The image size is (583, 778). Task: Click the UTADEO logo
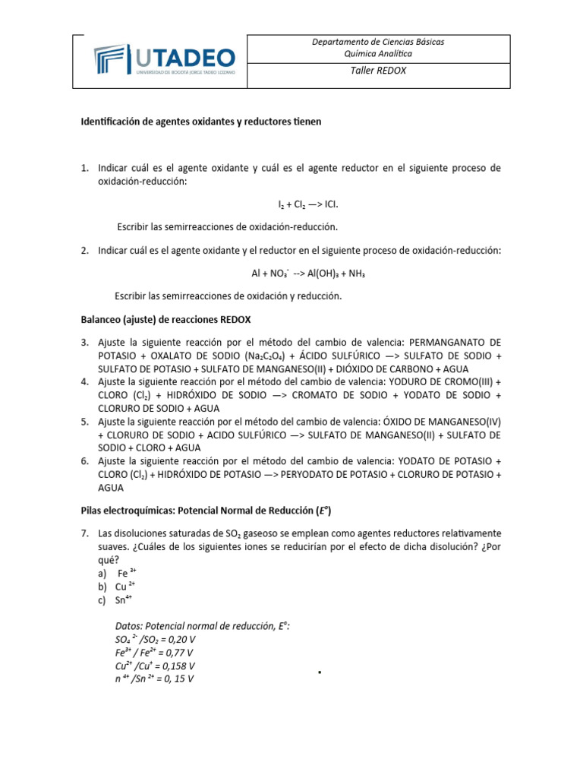tap(164, 61)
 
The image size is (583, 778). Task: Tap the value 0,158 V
tap(180, 666)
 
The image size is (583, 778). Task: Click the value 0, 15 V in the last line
tap(178, 679)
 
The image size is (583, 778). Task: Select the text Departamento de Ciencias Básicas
tap(378, 42)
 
